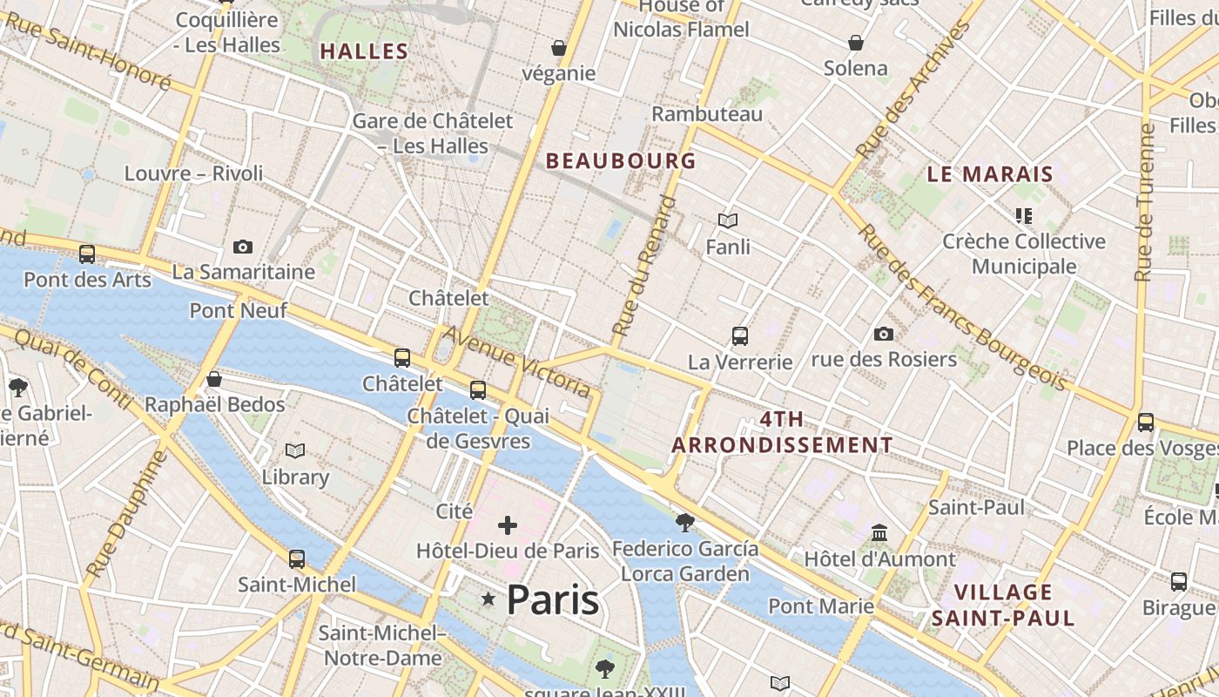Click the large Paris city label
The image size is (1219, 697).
(552, 599)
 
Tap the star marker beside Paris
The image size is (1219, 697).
(488, 599)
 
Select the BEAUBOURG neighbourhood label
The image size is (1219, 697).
(621, 160)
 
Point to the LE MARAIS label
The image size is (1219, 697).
(990, 173)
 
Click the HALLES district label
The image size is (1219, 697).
(364, 51)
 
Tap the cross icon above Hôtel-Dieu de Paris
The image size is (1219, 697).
(508, 524)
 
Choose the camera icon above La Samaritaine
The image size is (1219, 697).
(243, 247)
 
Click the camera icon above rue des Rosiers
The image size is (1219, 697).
(884, 334)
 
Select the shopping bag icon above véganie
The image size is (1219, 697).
(559, 47)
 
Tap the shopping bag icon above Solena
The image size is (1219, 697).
(856, 42)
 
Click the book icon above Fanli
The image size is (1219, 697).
(728, 221)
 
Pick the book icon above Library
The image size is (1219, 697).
(295, 450)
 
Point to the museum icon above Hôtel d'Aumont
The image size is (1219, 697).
(879, 532)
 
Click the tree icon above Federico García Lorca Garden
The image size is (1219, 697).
(685, 523)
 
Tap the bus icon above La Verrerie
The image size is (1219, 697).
(740, 335)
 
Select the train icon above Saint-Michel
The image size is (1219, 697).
(297, 558)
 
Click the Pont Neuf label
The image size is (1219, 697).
(226, 310)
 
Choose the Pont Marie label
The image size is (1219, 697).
(821, 606)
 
